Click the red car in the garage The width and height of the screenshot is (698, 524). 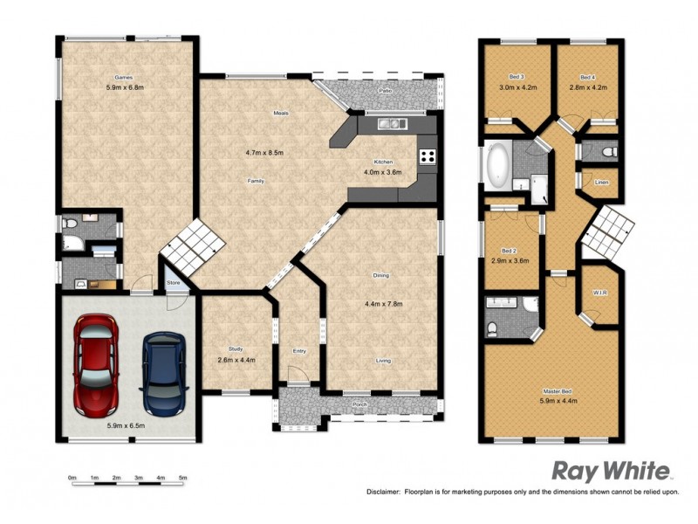95,364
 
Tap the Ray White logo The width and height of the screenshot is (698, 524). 611,472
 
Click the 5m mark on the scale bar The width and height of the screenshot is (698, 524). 183,478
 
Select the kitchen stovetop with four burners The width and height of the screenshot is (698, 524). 428,157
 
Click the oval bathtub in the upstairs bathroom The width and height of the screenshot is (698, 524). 497,164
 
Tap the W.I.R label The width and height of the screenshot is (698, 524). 599,293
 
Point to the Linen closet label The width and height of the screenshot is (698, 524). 601,183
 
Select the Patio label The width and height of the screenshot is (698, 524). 384,91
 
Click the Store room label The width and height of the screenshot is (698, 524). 173,282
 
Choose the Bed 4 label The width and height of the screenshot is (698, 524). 586,77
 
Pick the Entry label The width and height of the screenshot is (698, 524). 299,351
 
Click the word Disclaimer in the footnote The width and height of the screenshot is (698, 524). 383,493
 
